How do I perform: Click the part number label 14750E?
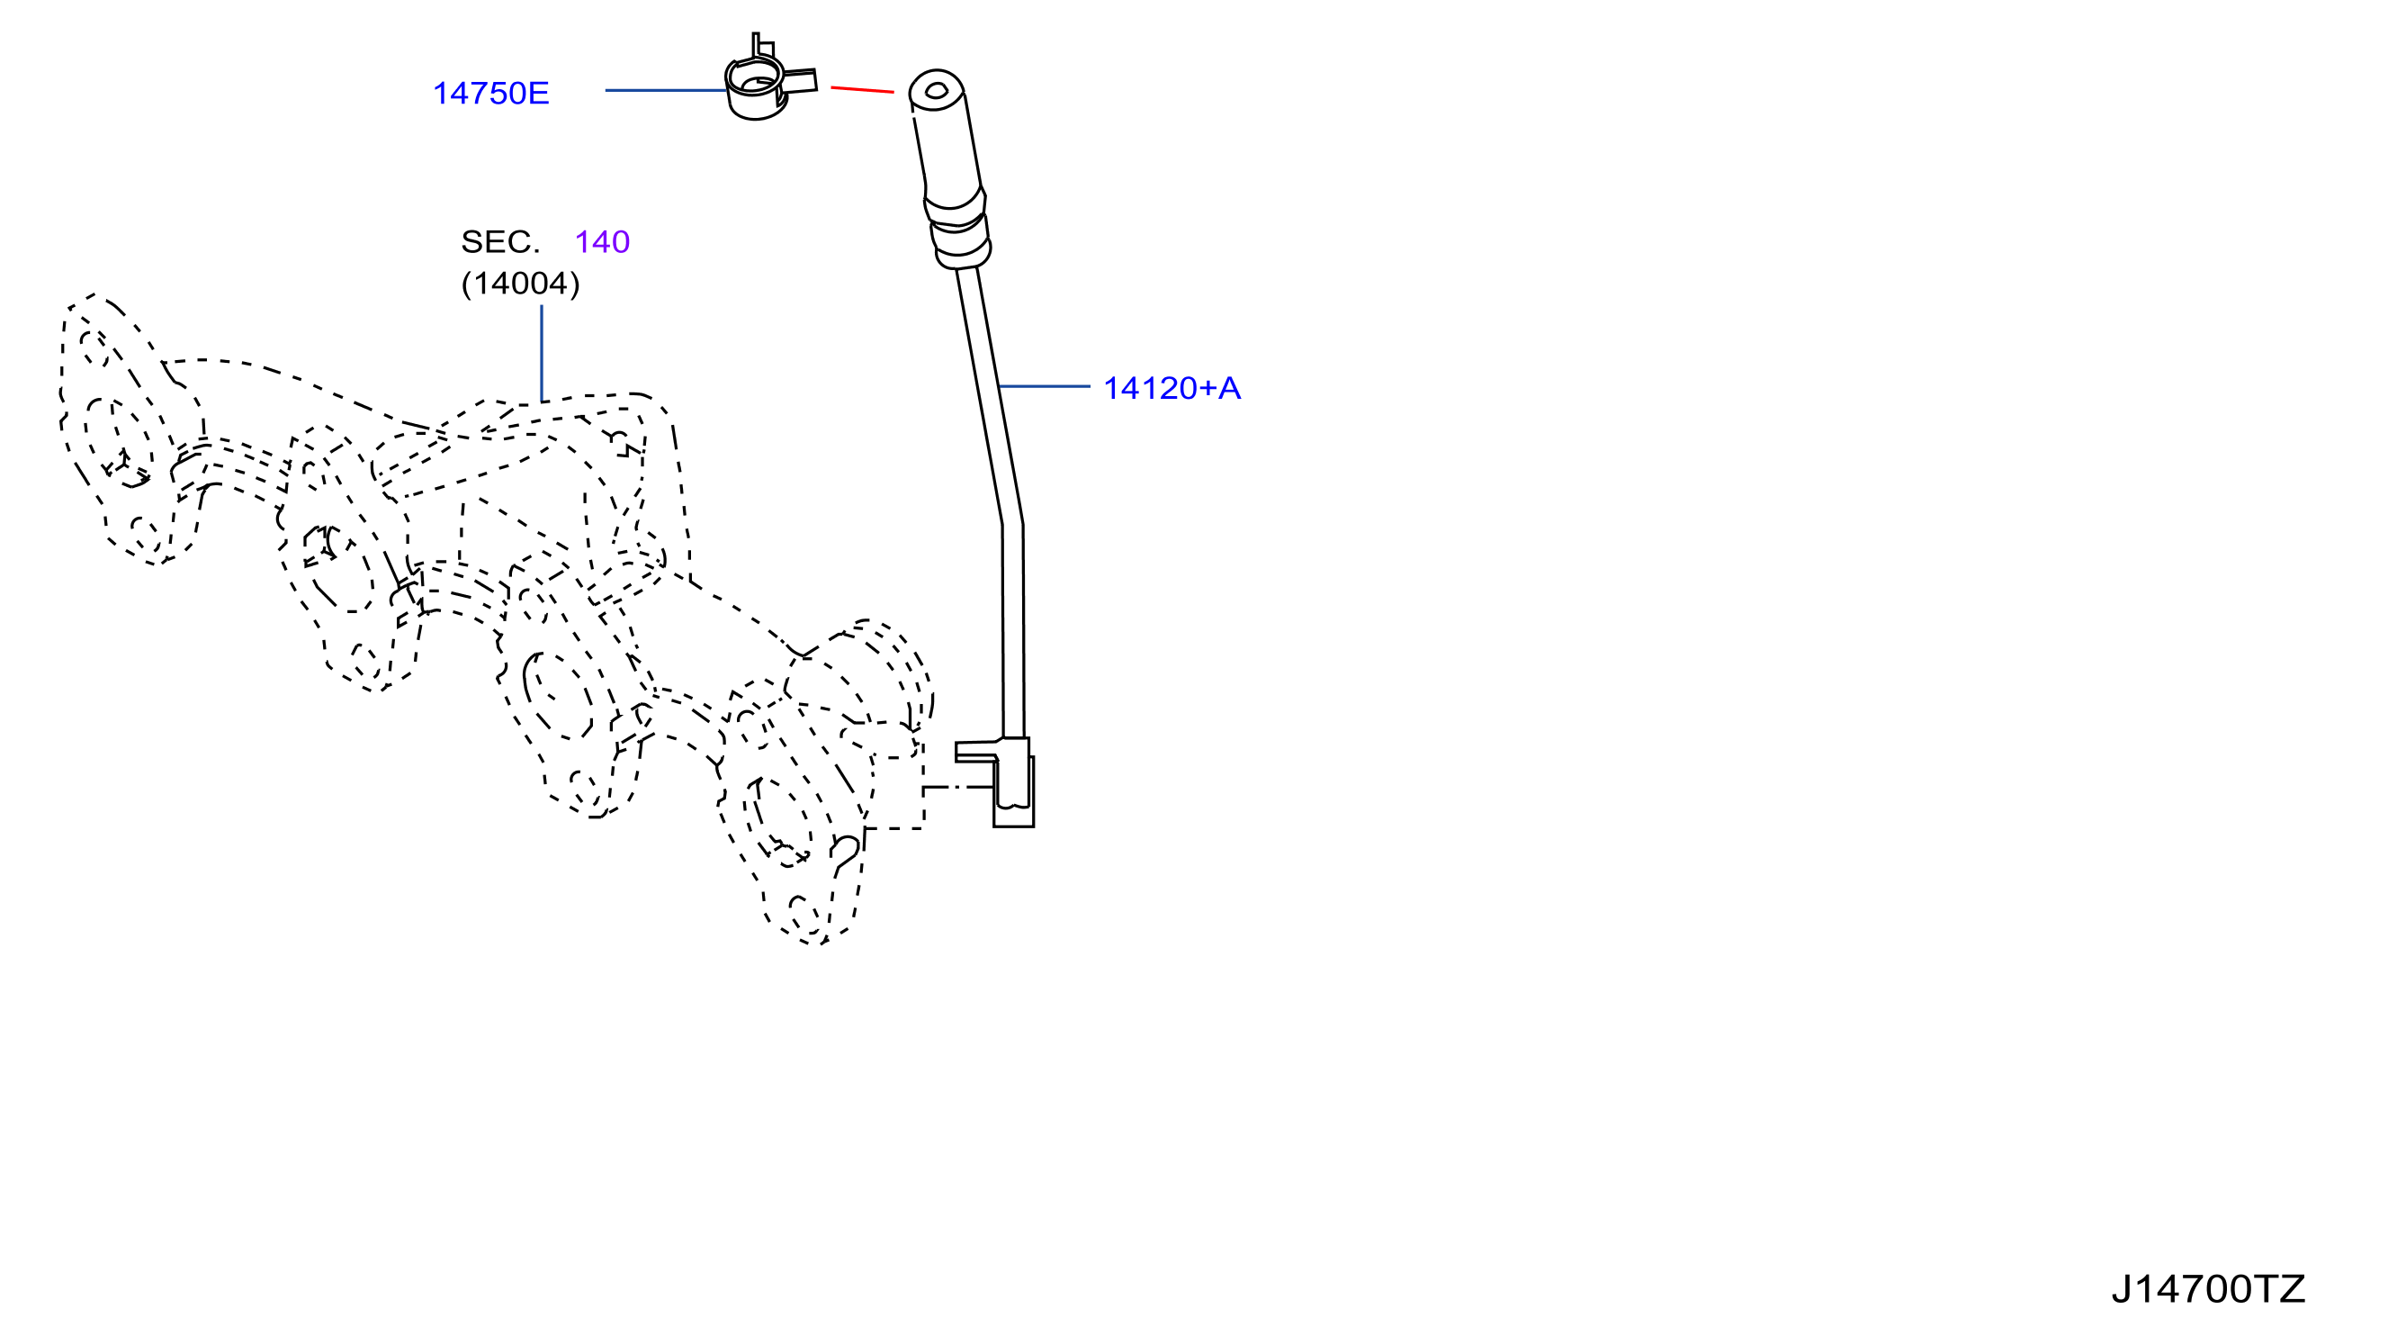coord(491,93)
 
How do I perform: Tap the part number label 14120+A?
coord(1172,388)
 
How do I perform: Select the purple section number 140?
coord(602,242)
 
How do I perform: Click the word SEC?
coord(499,242)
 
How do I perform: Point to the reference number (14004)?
coord(520,283)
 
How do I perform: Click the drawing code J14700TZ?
coord(2207,1288)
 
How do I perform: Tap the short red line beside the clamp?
coord(862,89)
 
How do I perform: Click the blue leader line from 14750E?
coord(665,90)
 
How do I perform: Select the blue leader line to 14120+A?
coord(1043,386)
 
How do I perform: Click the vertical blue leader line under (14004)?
coord(542,353)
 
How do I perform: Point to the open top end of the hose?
coord(936,90)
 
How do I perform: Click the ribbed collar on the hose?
coord(957,229)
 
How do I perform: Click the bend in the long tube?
coord(1011,524)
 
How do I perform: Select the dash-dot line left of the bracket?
coord(958,788)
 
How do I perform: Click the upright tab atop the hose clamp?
coord(761,46)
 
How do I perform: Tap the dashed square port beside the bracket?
coord(894,792)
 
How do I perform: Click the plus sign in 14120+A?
coord(1207,389)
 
